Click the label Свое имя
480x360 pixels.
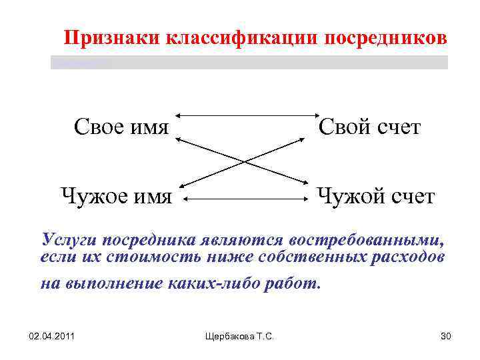pyautogui.click(x=121, y=126)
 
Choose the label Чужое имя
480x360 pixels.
pyautogui.click(x=117, y=197)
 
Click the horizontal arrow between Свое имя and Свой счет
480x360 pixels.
pyautogui.click(x=243, y=116)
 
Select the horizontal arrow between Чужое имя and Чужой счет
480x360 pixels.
pyautogui.click(x=243, y=198)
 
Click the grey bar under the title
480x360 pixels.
pyautogui.click(x=249, y=62)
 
